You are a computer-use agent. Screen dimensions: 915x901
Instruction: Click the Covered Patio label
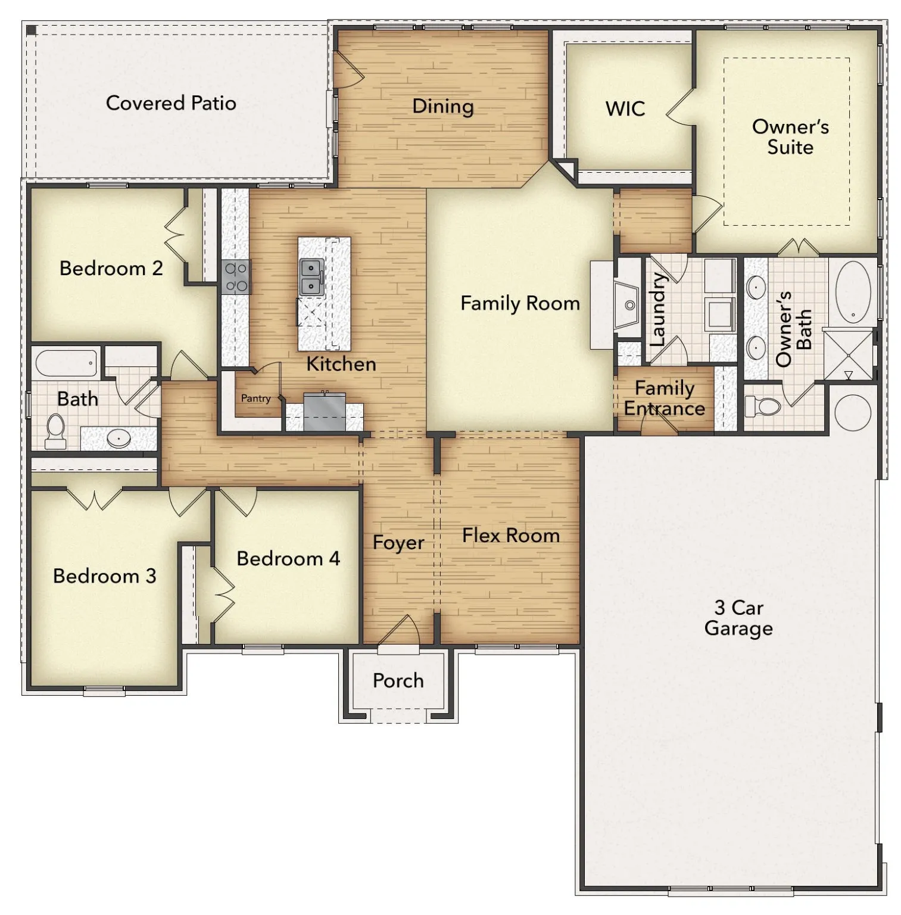point(171,103)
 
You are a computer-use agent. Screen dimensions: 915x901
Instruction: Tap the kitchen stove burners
point(236,278)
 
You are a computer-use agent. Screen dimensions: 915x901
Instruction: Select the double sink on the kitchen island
point(311,277)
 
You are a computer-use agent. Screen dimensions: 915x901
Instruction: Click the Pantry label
point(255,398)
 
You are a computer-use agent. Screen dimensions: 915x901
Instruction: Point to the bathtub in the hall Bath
point(66,363)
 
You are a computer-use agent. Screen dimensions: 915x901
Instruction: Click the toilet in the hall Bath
point(56,431)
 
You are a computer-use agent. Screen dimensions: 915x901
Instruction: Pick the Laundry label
point(657,310)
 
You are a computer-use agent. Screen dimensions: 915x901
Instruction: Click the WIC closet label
point(625,109)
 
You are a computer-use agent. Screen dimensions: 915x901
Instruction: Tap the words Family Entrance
point(664,398)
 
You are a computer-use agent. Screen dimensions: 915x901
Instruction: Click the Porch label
point(398,680)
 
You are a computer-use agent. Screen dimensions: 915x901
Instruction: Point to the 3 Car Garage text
point(738,618)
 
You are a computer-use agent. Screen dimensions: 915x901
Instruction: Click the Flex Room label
point(511,535)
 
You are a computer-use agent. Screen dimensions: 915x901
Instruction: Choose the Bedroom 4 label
point(288,558)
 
